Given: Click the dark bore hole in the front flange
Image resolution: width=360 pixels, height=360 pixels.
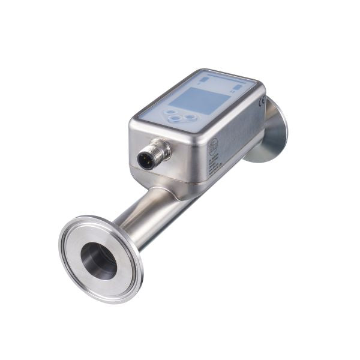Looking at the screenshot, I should [x=99, y=260].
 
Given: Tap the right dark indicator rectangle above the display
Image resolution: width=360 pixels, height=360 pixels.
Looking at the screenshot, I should [x=238, y=86].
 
